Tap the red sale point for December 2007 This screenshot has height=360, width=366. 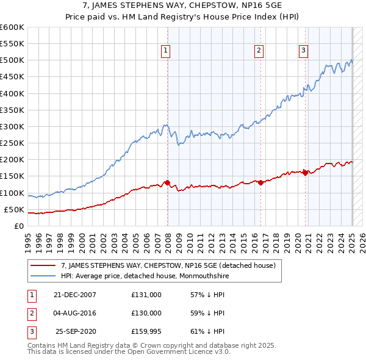click(x=167, y=182)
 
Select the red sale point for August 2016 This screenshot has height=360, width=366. click(x=260, y=182)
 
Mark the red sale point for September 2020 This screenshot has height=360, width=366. click(x=305, y=173)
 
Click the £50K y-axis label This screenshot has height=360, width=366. click(x=14, y=209)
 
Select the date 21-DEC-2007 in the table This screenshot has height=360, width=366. click(x=74, y=294)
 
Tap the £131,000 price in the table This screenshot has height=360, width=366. click(x=146, y=294)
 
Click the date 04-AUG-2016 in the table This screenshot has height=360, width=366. click(x=74, y=313)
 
